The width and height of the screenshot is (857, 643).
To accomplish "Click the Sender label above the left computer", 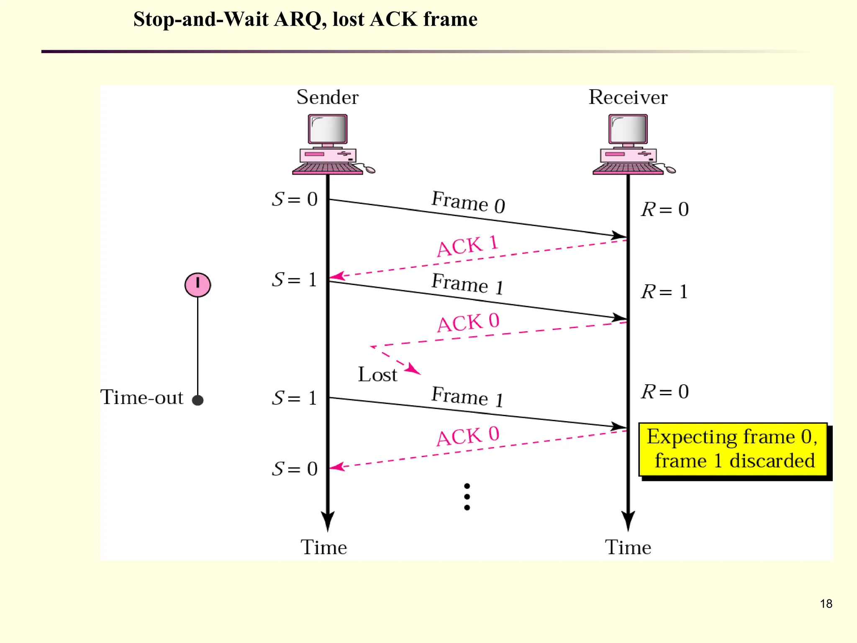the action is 327,97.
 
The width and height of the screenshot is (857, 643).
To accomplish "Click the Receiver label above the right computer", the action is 628,97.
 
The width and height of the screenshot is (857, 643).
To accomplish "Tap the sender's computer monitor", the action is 328,129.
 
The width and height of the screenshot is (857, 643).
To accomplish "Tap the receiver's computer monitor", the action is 628,129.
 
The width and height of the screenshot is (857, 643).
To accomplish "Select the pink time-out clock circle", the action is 198,285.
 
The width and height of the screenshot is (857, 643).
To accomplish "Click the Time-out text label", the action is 142,397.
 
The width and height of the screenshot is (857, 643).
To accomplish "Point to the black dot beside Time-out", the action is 198,400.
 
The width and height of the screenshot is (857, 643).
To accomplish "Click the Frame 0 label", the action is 468,202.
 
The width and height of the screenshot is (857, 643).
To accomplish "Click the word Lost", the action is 377,374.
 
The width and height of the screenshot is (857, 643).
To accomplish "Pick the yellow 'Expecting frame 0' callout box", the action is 733,449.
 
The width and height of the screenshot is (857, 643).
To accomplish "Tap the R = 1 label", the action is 665,291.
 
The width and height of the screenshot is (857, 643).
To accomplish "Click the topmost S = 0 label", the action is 295,199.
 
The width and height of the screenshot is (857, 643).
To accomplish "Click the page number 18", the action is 826,604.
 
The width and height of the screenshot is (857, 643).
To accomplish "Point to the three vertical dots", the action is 467,497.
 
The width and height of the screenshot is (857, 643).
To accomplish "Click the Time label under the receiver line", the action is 628,547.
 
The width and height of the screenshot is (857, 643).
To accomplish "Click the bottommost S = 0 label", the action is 295,469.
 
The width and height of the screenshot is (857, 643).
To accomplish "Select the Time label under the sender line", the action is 323,547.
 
